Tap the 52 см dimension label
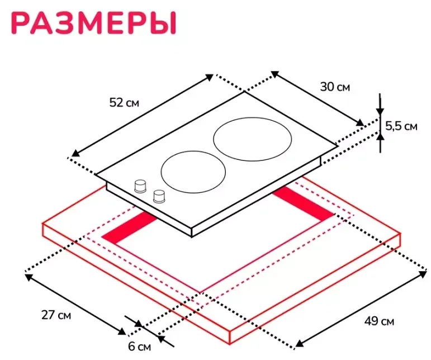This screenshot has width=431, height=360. (124, 102)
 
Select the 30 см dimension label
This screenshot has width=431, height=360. (335, 87)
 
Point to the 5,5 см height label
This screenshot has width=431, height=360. (401, 126)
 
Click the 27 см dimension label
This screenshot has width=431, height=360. (56, 315)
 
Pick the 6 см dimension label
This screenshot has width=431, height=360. (139, 347)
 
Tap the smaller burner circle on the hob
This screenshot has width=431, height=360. (193, 173)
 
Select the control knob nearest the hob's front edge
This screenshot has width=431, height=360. (160, 196)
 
